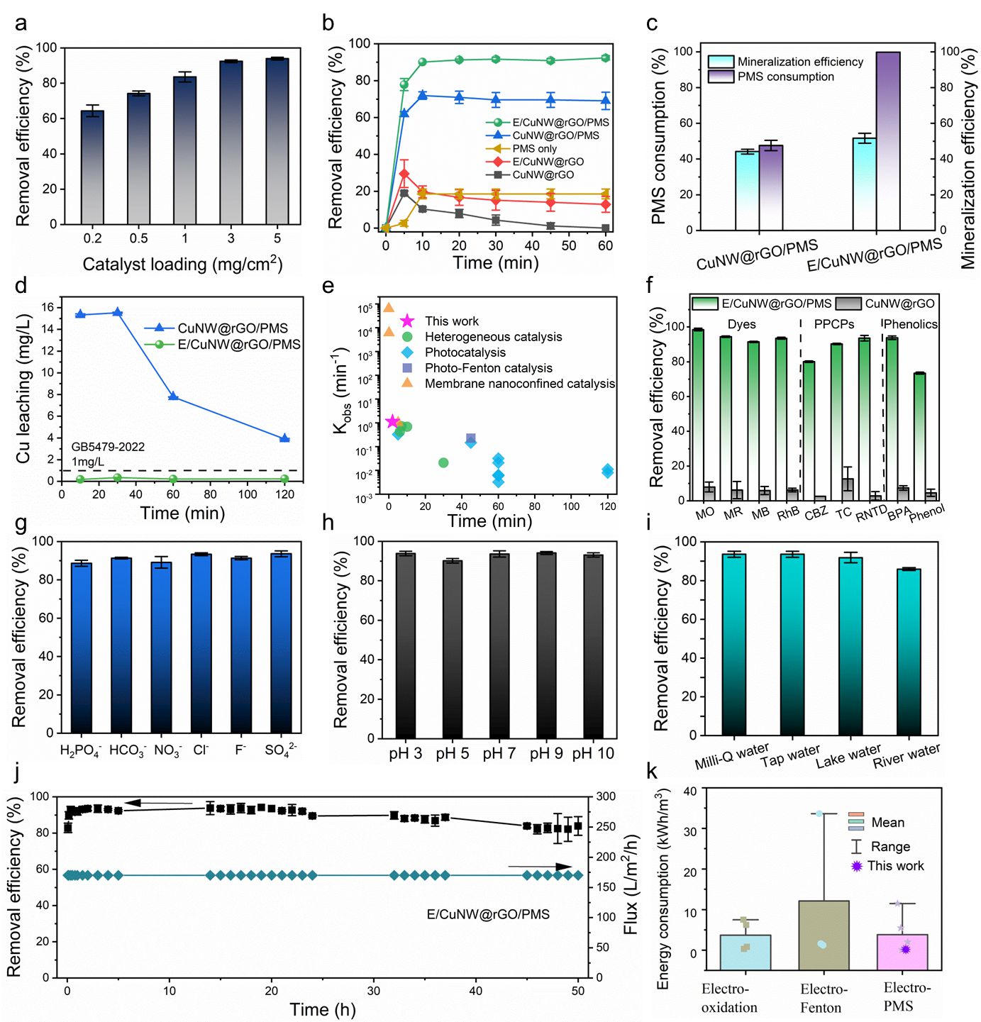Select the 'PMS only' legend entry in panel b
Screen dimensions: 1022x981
(x=534, y=149)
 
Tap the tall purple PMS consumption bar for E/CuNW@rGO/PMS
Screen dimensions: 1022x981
(x=887, y=141)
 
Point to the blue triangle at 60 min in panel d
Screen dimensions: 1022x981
(x=173, y=396)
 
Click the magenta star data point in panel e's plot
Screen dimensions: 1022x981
(x=392, y=421)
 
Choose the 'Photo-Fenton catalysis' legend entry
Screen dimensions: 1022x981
(x=488, y=368)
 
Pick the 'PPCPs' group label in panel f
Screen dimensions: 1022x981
(x=833, y=324)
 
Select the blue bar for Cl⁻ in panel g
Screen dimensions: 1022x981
(x=201, y=643)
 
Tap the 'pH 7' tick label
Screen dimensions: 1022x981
(x=499, y=753)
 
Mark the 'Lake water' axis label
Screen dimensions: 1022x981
(x=848, y=756)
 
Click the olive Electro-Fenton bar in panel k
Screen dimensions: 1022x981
(x=824, y=935)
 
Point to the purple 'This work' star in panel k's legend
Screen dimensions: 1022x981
(x=856, y=866)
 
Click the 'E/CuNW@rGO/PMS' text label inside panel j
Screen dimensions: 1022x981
(x=488, y=914)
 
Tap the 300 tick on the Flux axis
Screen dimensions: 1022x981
(x=605, y=796)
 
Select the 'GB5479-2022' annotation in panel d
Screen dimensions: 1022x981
(x=108, y=447)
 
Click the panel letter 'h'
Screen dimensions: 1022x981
(x=328, y=523)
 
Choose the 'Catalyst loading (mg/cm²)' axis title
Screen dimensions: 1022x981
(x=182, y=264)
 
